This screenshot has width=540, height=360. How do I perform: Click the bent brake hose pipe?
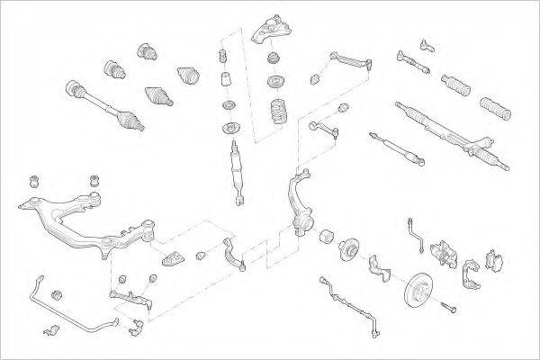[415, 231]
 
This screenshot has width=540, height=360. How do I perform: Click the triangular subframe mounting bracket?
[173, 257]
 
